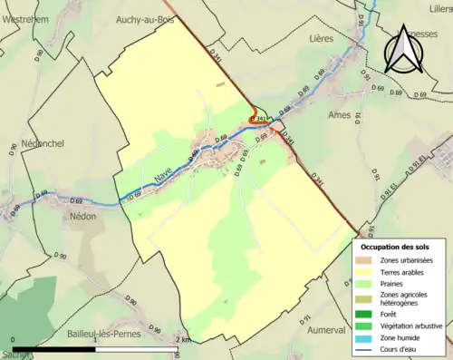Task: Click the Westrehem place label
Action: point(25,18)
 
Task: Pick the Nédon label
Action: point(83,218)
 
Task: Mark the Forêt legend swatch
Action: point(367,313)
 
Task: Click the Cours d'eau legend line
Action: point(367,346)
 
